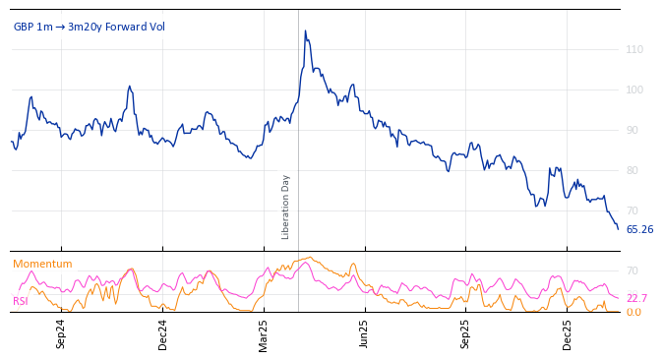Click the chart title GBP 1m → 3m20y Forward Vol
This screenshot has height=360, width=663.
tap(89, 27)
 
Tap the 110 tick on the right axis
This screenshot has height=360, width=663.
tap(634, 49)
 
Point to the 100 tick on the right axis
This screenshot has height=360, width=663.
tap(634, 90)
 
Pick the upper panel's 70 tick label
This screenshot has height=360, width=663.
tap(633, 210)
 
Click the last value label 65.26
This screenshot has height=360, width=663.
tap(639, 229)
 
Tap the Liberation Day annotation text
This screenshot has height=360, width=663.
tap(286, 207)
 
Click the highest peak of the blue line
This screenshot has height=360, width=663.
tap(305, 31)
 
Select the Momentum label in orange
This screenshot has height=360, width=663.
tap(42, 264)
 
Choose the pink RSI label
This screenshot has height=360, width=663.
tap(20, 301)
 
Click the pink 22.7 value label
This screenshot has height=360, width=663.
tap(636, 298)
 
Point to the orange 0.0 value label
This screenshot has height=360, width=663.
tap(634, 312)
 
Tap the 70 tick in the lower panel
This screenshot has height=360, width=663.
tap(633, 270)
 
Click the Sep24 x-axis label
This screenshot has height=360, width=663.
tap(61, 333)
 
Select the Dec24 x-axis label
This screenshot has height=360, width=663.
tap(162, 333)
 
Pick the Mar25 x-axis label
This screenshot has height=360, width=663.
tap(264, 333)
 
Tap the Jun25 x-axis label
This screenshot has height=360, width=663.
tap(365, 333)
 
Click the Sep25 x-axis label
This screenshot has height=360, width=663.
tap(466, 333)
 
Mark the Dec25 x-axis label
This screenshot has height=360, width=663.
tap(568, 333)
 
